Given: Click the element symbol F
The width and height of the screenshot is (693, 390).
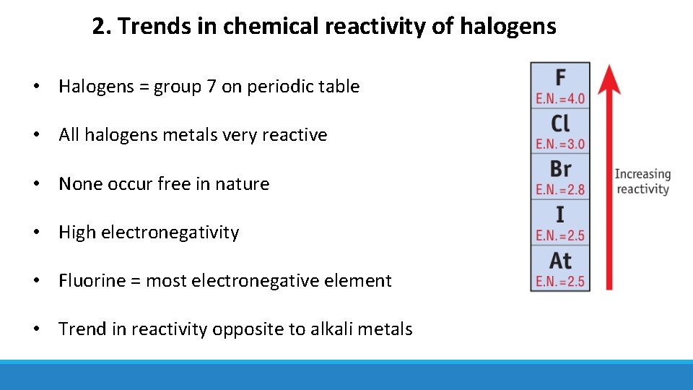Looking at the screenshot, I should coord(560,77).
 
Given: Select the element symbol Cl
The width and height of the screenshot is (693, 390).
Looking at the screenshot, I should coord(560,123).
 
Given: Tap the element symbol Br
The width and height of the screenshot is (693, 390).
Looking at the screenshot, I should coord(560,169).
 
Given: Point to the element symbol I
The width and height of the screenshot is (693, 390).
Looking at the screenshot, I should coord(560,214).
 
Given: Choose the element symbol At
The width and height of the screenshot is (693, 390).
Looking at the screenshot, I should coord(560,260).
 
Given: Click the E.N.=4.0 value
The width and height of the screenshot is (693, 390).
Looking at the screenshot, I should coord(560,98).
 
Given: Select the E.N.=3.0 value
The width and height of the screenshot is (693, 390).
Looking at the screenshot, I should coord(560,144).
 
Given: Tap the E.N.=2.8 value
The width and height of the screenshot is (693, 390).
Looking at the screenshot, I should coord(560,190).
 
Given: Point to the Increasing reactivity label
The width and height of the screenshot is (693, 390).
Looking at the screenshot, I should coord(642,181).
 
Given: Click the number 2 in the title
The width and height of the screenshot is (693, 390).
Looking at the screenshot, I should coord(98,27).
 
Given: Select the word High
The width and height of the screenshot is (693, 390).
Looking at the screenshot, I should coord(77,233).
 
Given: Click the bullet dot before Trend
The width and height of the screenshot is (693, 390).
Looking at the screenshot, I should coord(35,329).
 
